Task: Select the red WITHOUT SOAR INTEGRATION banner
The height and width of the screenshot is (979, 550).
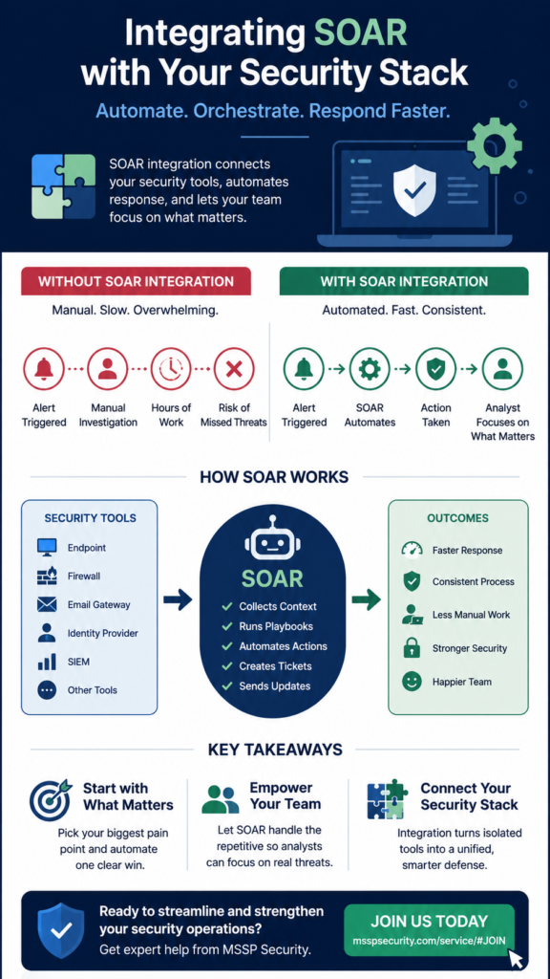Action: click(x=136, y=281)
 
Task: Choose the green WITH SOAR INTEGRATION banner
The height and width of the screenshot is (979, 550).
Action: click(x=404, y=281)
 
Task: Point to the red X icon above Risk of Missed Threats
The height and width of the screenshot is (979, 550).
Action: click(x=234, y=369)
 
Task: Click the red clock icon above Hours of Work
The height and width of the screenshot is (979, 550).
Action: click(x=170, y=369)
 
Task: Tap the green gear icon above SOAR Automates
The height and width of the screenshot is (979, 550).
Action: click(x=370, y=369)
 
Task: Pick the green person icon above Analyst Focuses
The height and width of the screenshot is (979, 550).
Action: click(x=502, y=369)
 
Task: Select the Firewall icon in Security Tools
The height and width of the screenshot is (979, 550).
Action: click(x=47, y=576)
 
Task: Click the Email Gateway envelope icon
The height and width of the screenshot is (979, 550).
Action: click(x=47, y=604)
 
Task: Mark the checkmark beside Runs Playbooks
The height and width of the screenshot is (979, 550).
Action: click(x=227, y=626)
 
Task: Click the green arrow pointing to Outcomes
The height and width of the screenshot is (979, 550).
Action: click(x=366, y=600)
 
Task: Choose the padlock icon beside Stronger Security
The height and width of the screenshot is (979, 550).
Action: click(x=411, y=647)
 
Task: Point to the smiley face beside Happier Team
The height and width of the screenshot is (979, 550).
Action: click(x=412, y=682)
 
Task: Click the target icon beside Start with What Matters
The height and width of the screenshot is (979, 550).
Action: click(x=50, y=798)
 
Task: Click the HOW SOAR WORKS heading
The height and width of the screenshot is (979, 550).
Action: click(x=274, y=478)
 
